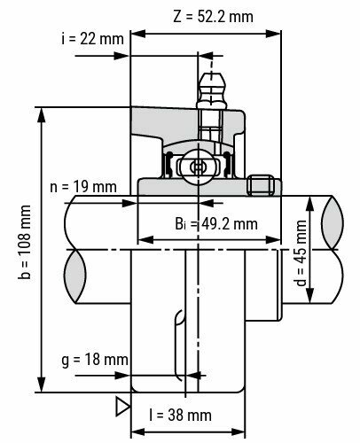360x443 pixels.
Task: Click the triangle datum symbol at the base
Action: (x=120, y=404)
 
